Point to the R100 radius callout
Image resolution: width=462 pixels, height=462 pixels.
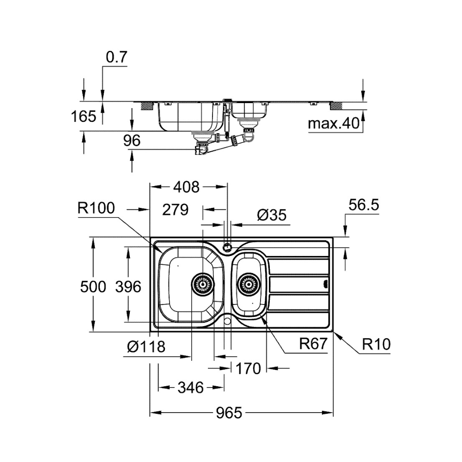tap(96, 208)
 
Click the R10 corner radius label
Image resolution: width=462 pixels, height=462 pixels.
tap(376, 344)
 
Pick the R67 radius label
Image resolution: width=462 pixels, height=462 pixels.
tap(313, 344)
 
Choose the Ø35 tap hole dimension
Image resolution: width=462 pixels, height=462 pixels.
tap(272, 215)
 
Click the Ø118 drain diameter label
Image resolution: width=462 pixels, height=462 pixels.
tap(146, 346)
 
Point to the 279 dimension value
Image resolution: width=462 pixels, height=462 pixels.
tap(176, 210)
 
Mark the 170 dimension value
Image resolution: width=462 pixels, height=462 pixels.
tap(248, 369)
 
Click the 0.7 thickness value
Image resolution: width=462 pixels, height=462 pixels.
tap(116, 57)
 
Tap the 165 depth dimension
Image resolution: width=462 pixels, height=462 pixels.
tap(84, 116)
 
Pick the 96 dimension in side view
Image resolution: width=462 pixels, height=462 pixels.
tap(132, 141)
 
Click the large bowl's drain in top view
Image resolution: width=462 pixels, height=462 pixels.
tap(202, 283)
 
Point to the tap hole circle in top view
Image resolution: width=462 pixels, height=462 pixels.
tap(227, 247)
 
